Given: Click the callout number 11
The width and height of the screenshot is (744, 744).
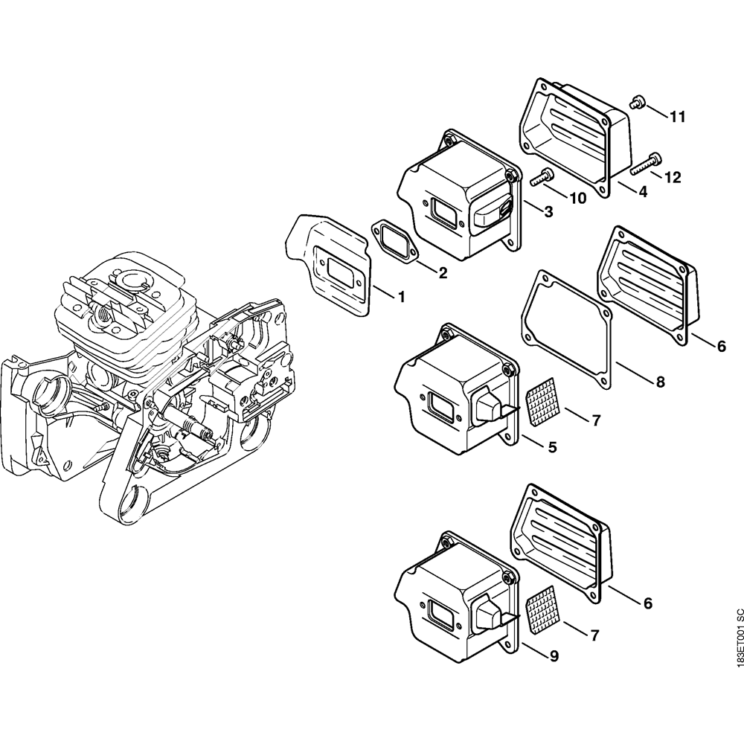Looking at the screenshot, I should tap(677, 117).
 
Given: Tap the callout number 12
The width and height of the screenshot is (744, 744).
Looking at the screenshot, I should tap(672, 177).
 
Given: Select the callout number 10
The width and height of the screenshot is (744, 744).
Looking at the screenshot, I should tap(577, 198).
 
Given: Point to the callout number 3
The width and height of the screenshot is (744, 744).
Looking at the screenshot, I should tap(548, 212).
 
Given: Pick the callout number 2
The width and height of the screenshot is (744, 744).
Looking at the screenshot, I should tap(443, 273).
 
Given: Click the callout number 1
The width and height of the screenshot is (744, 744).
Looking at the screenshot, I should tap(401, 298).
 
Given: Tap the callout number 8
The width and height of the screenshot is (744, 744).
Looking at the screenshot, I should tap(660, 382).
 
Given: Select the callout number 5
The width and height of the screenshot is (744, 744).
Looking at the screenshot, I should tap(553, 448).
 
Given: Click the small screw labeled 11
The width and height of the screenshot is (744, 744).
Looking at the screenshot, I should tap(636, 102).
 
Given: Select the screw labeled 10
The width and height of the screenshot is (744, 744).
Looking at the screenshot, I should tap(541, 177).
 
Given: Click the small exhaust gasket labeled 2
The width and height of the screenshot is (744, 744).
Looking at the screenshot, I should tap(394, 240).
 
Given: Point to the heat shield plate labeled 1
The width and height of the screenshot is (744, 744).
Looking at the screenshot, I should tap(327, 257).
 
